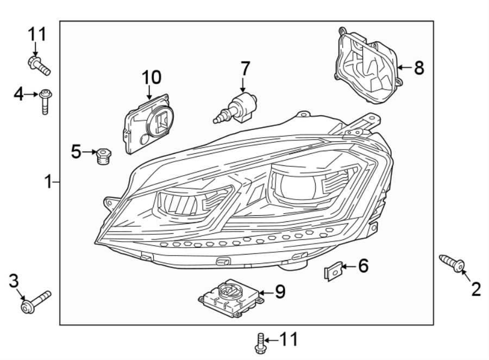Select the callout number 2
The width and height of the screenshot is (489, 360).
(476, 289)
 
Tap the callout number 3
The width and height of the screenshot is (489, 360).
(14, 281)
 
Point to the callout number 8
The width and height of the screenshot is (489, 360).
(418, 68)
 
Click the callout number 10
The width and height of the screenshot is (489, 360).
(152, 77)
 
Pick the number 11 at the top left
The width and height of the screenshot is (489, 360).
(38, 35)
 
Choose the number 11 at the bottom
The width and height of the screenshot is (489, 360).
(289, 340)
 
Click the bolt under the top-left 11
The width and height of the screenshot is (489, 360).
(39, 65)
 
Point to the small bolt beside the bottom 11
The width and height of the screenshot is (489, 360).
(260, 342)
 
